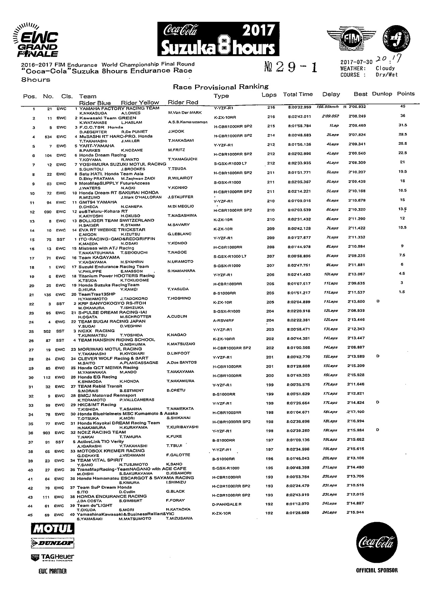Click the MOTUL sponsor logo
coord(52,529)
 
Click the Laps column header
coord(269,95)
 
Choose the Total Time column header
coord(298,95)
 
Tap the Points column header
coord(406,94)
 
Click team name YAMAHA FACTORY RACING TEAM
coord(119,108)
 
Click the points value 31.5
coord(402,125)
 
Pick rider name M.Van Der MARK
coord(185,113)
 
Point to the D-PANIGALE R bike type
coord(227,504)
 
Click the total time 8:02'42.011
coord(299,117)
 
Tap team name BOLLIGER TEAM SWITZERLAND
coord(116,221)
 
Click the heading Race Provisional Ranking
coord(221,87)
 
